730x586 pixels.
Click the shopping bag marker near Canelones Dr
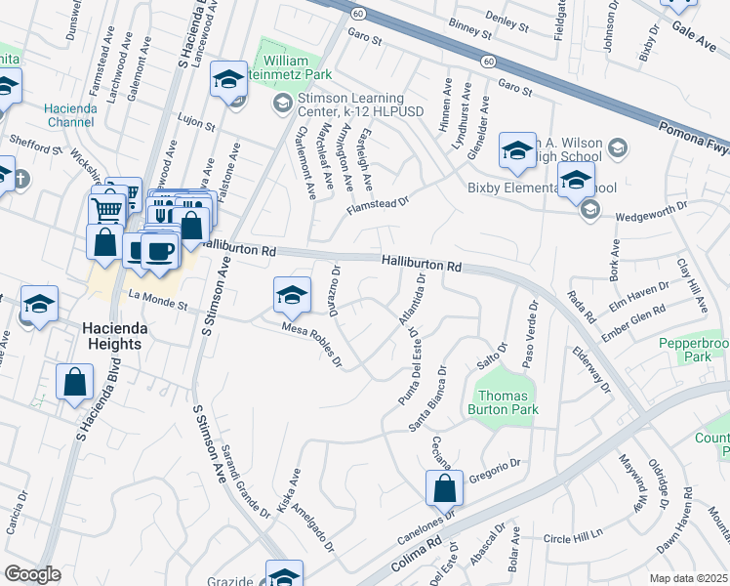coord(444,487)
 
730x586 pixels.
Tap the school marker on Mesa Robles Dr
coord(293,295)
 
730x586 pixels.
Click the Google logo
coord(32,574)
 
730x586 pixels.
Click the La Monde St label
coord(156,302)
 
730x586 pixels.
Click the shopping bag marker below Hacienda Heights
coord(75,384)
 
